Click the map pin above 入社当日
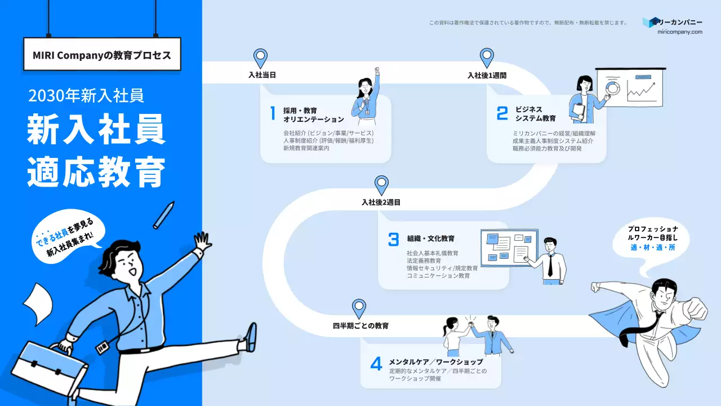point(260,58)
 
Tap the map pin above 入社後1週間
point(487,58)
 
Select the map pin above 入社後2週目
point(382,184)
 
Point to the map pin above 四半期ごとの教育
point(359,308)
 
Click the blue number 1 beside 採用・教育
point(273,113)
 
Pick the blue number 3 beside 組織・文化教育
point(393,239)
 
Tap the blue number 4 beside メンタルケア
point(376,364)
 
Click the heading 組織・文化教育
point(431,239)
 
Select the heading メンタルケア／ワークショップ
point(436,361)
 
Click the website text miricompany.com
point(680,32)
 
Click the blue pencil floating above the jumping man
point(163,214)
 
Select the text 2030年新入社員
point(86,96)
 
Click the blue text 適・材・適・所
point(653,248)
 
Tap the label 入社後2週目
point(381,202)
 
